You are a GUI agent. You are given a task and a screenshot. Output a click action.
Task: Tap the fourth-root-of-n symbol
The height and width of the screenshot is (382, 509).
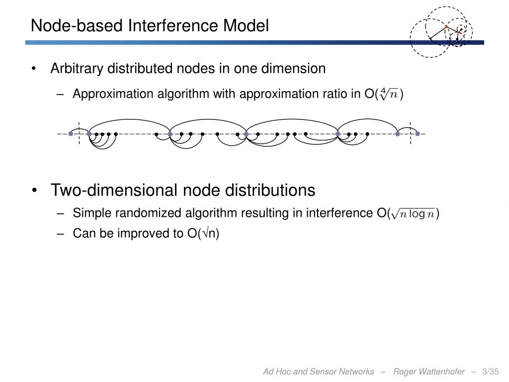389,94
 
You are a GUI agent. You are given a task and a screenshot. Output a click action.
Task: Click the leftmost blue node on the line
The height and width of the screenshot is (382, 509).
71,134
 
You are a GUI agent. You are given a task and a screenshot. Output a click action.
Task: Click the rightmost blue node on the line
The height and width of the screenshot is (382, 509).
418,134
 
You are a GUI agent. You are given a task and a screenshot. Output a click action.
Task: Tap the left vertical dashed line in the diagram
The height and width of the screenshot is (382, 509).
80,133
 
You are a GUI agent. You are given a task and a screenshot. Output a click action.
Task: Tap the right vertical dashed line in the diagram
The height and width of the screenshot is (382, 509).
411,133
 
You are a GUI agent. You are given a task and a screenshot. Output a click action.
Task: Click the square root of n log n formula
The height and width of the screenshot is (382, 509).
413,214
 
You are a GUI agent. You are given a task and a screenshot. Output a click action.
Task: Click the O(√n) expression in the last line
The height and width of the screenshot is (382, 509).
203,233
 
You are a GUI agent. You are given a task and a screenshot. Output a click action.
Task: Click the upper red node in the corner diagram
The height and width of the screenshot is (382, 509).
446,26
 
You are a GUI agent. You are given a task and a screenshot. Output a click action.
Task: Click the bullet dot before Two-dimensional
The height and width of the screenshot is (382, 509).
35,191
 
